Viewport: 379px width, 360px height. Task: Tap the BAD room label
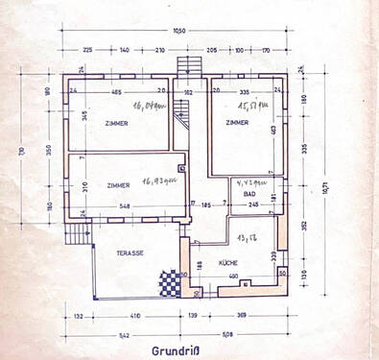(x=236, y=194)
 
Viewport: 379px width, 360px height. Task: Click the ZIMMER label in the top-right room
(x=239, y=124)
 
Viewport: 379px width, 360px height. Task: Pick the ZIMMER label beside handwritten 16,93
(x=119, y=184)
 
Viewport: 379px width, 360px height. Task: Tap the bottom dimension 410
(x=135, y=315)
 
